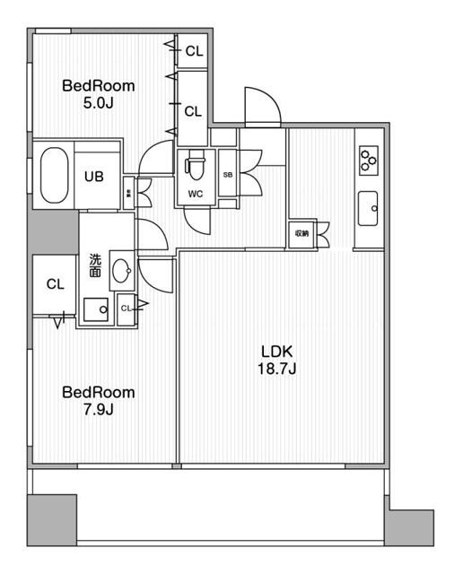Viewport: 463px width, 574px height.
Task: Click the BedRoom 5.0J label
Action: pyautogui.click(x=98, y=95)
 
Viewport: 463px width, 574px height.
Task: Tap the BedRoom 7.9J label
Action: pyautogui.click(x=98, y=401)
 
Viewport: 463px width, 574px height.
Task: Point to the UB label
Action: pyautogui.click(x=94, y=177)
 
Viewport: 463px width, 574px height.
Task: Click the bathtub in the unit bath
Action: pyautogui.click(x=54, y=175)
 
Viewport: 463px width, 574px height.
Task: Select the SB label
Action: pyautogui.click(x=227, y=175)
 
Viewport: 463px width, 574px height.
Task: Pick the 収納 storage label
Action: pyautogui.click(x=300, y=233)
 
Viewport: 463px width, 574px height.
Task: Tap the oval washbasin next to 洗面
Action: pyautogui.click(x=122, y=270)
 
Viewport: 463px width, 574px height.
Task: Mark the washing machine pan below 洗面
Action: pyautogui.click(x=94, y=310)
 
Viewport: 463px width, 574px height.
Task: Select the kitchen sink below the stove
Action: pyautogui.click(x=368, y=210)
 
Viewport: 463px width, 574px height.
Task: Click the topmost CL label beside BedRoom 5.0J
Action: pyautogui.click(x=194, y=52)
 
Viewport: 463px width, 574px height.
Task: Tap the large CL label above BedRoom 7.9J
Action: pyautogui.click(x=55, y=284)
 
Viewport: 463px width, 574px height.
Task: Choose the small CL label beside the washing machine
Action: pyautogui.click(x=127, y=309)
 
